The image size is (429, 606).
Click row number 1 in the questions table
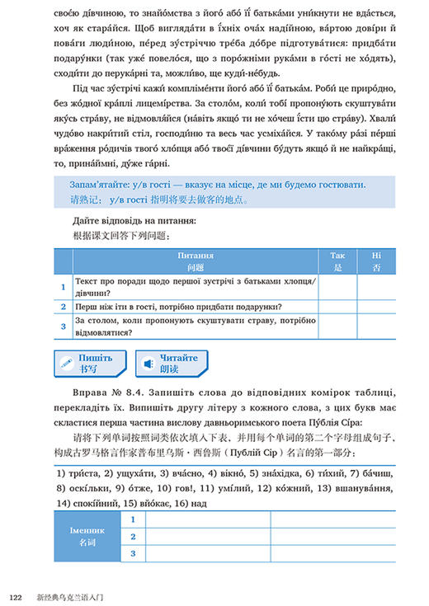(x=63, y=287)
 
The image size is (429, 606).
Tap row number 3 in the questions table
(x=63, y=327)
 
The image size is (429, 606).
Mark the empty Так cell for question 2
(x=337, y=307)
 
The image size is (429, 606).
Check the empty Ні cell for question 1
(x=377, y=287)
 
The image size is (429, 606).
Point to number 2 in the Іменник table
(x=132, y=537)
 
